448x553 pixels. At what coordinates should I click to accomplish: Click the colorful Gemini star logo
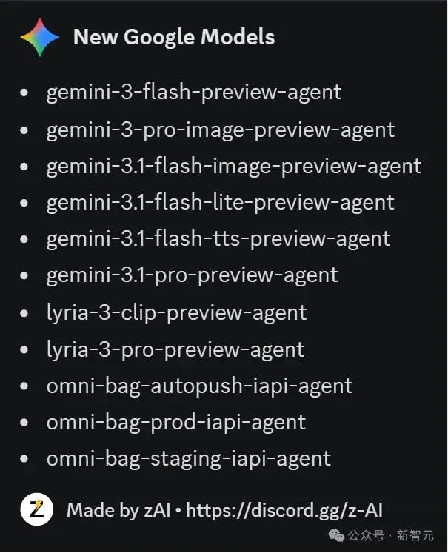point(40,37)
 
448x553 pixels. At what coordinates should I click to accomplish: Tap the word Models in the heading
point(238,37)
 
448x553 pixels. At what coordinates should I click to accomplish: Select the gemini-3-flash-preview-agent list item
point(194,93)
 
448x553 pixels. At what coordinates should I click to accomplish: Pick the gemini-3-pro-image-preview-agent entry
point(221,130)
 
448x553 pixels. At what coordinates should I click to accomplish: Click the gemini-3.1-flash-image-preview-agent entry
point(234,167)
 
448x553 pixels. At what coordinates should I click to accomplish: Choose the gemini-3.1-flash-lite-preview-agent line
point(220,203)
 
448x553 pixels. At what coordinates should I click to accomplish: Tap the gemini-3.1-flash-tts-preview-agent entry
point(218,239)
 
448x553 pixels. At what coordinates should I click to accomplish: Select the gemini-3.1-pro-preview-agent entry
point(193,276)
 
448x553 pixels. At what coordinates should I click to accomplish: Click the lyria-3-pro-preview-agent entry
point(175,350)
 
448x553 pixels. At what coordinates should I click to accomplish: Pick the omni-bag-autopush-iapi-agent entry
point(200,386)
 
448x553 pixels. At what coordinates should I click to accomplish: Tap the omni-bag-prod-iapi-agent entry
point(176,423)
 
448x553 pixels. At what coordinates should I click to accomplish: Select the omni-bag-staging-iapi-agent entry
point(189,459)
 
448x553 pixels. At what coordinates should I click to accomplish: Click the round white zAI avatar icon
point(37,509)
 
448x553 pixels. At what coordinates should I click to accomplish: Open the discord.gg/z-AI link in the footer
point(284,511)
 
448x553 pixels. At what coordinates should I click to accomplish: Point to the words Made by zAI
point(118,511)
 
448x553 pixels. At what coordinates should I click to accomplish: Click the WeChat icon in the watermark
point(336,536)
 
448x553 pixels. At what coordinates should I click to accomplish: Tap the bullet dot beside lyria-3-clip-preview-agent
point(24,313)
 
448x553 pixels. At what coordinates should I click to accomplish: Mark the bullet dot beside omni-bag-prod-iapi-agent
point(24,422)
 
